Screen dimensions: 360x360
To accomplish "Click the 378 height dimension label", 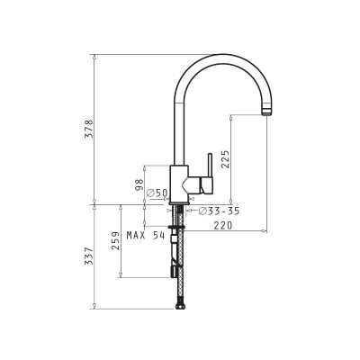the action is tap(89, 129).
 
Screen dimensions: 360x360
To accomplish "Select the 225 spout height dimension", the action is tap(225, 159).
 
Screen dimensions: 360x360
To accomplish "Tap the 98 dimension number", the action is tap(139, 184).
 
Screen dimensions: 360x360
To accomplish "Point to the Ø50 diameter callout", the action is tap(157, 193).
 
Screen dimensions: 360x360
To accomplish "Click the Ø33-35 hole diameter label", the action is tap(220, 211).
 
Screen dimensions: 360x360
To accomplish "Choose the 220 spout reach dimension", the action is tap(223, 225).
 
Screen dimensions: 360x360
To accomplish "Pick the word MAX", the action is tap(136, 235).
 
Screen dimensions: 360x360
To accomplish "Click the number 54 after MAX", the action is tap(158, 235).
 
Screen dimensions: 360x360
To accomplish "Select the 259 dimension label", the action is tap(115, 240).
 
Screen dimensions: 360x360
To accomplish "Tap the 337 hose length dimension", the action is tap(89, 256).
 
